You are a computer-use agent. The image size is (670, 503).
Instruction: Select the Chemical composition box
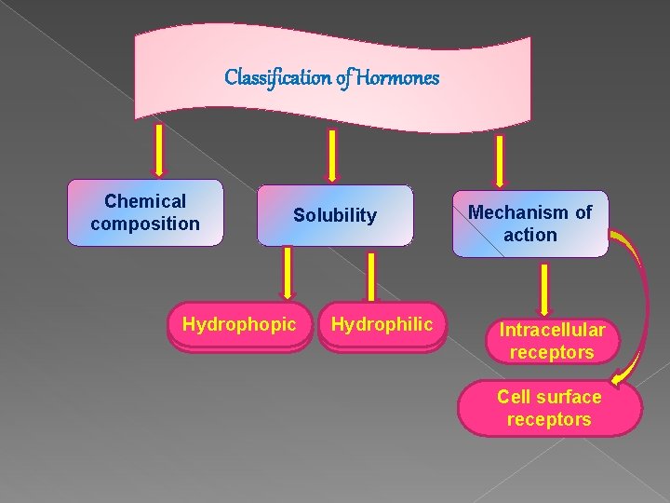click(145, 212)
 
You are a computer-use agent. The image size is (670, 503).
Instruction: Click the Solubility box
click(335, 215)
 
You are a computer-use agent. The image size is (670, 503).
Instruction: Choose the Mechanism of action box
click(529, 224)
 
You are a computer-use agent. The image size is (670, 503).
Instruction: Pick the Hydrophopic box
click(239, 324)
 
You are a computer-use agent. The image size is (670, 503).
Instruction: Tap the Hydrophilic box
click(382, 324)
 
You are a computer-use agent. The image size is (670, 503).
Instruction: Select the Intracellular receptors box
click(552, 341)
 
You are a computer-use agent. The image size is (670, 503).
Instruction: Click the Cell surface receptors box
click(549, 408)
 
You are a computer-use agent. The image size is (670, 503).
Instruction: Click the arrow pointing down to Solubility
click(332, 154)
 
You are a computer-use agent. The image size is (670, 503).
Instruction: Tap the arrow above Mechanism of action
click(501, 160)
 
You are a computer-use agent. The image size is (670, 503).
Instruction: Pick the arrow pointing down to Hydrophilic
click(371, 277)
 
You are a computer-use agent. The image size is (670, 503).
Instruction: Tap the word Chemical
click(145, 201)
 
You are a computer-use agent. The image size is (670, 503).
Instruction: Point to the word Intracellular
click(552, 330)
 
